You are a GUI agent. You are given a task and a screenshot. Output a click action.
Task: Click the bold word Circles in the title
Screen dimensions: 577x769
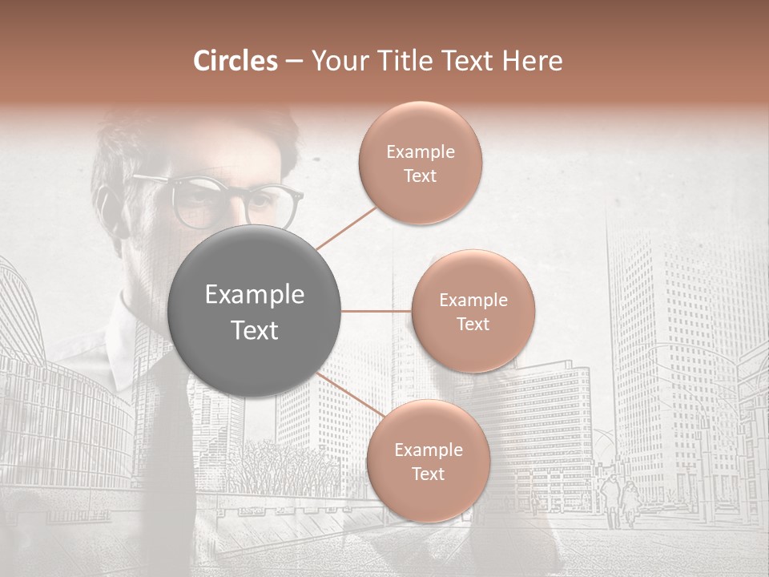(x=235, y=61)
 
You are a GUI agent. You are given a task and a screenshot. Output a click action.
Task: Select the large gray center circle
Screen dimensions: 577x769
(x=255, y=312)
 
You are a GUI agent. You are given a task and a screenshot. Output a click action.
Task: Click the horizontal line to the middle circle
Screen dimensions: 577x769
(x=376, y=311)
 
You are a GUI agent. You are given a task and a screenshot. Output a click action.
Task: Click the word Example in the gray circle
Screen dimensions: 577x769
(x=255, y=295)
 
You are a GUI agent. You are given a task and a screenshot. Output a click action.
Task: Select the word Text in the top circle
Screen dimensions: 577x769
(x=420, y=176)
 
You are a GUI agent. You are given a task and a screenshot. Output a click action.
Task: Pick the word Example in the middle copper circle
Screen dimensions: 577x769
(x=473, y=301)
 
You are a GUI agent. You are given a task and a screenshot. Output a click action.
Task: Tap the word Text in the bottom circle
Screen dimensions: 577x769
(x=428, y=474)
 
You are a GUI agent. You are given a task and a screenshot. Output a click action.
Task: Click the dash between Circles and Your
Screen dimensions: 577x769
(x=293, y=62)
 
